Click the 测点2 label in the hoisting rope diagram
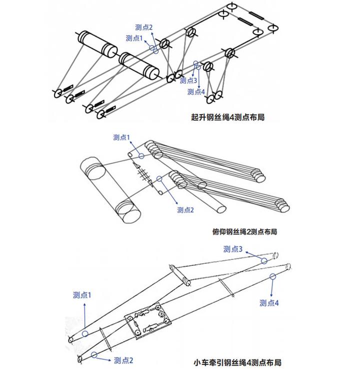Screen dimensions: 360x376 tap(143, 28)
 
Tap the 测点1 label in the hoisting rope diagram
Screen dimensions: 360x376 tap(134, 38)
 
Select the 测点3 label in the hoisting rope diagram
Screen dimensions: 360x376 tap(188, 80)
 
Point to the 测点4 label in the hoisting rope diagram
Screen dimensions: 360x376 tap(196, 92)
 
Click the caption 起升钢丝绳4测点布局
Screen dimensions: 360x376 tap(228, 117)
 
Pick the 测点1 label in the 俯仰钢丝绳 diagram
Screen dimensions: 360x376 tap(121, 137)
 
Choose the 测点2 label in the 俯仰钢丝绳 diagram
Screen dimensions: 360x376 tap(185, 210)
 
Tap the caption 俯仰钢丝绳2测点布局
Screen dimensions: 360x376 tap(244, 232)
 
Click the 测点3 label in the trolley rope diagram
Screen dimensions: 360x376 tap(233, 249)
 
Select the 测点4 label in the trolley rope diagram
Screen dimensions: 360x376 tap(269, 303)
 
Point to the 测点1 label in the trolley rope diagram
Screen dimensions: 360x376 tap(82, 295)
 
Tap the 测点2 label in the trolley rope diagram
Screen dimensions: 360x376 tap(123, 360)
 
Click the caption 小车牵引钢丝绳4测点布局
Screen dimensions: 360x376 tap(237, 362)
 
